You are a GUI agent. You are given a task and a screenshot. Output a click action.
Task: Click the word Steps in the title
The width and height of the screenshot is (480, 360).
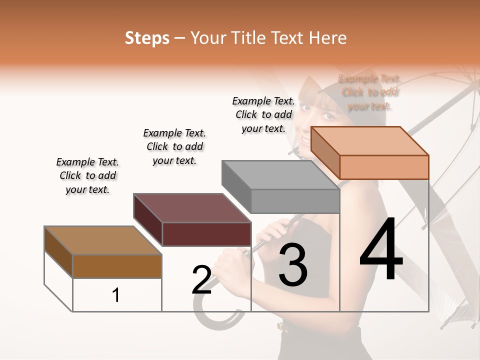pyautogui.click(x=147, y=38)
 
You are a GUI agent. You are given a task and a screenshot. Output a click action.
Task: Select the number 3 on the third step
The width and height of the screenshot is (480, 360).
pyautogui.click(x=292, y=264)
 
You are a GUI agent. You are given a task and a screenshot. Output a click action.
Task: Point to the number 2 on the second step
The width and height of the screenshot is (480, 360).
pyautogui.click(x=201, y=279)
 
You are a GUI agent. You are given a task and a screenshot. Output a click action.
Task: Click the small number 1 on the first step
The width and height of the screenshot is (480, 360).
pyautogui.click(x=116, y=295)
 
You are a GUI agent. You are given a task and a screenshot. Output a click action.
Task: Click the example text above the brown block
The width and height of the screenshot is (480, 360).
pyautogui.click(x=87, y=175)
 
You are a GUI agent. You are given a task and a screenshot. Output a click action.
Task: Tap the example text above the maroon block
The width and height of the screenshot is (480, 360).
pyautogui.click(x=174, y=146)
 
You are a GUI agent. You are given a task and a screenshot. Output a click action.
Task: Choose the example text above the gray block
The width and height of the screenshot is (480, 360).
pyautogui.click(x=263, y=114)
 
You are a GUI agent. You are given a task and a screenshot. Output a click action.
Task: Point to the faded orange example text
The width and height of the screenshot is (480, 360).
pyautogui.click(x=369, y=92)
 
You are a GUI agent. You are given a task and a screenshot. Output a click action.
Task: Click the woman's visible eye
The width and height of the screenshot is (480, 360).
pyautogui.click(x=327, y=116)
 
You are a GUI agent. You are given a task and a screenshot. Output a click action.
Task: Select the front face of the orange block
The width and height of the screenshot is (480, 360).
pyautogui.click(x=384, y=167)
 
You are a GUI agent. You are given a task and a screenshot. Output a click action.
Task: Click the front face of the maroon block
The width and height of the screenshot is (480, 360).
pyautogui.click(x=206, y=234)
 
